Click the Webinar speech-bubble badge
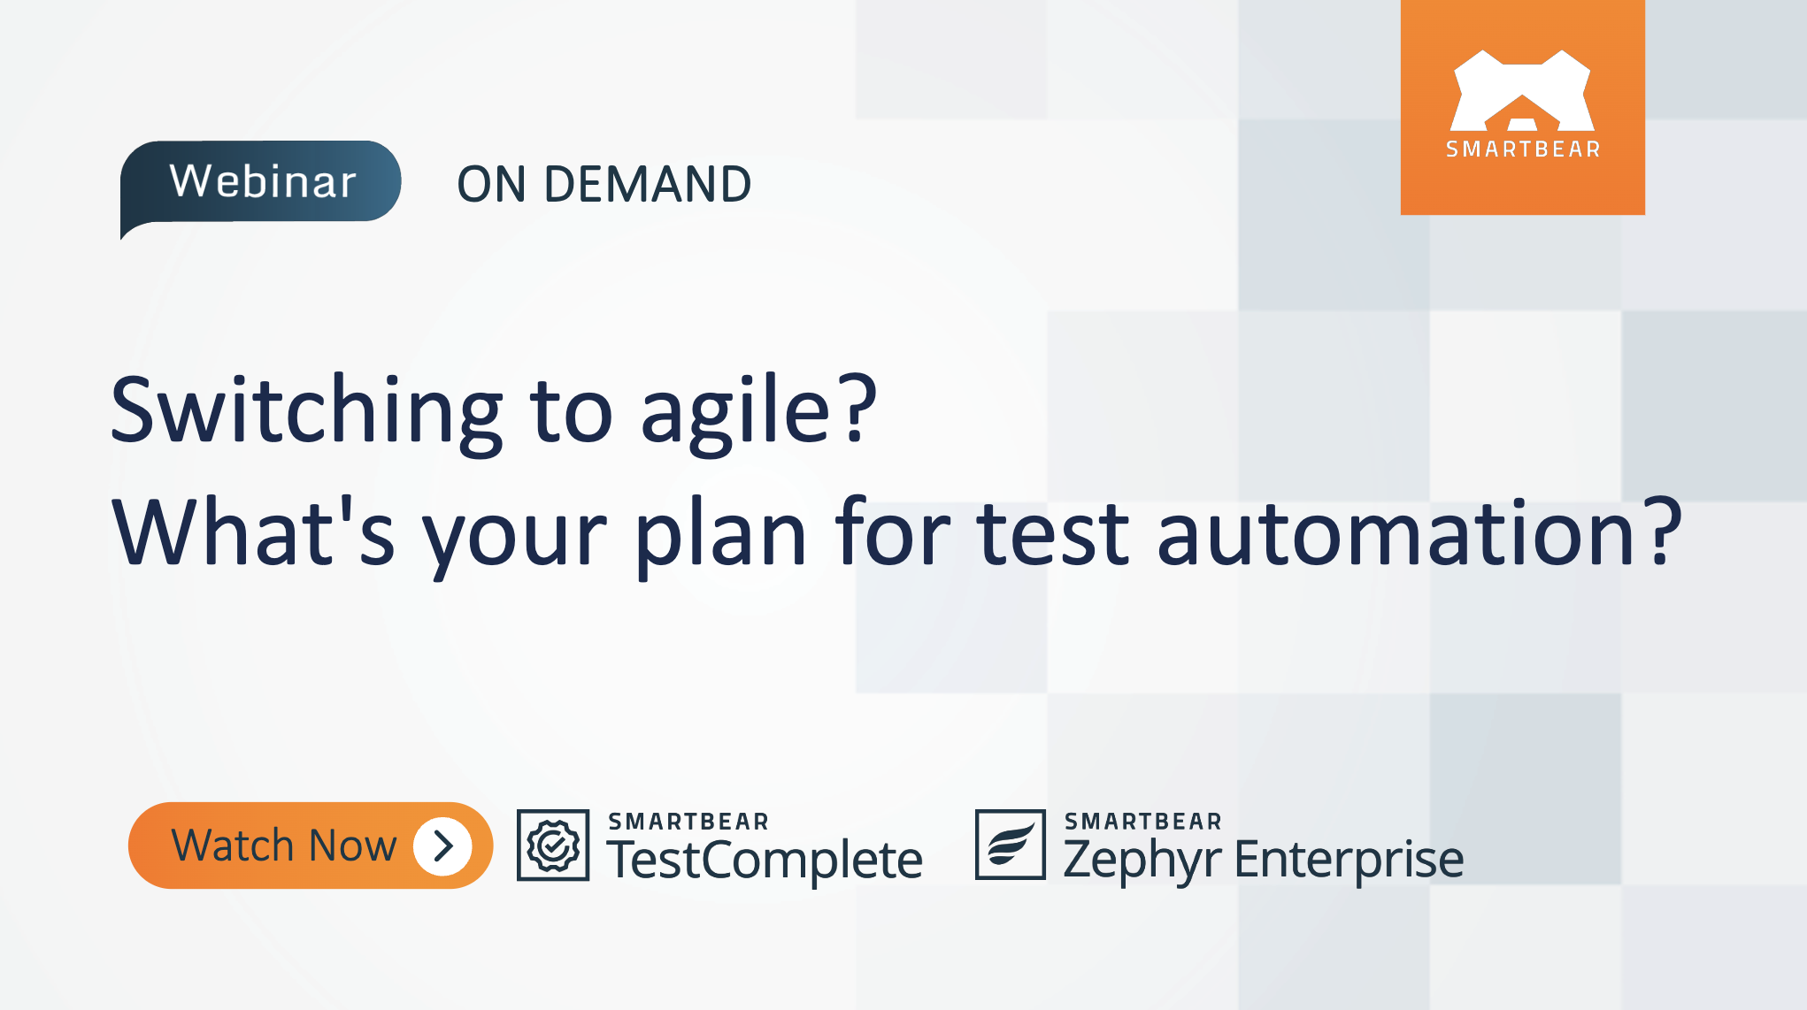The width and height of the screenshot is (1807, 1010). coord(261,182)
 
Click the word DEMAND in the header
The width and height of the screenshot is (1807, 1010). coord(647,185)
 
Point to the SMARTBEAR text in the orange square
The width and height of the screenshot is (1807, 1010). coord(1523,149)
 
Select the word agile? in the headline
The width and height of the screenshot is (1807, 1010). coord(758,412)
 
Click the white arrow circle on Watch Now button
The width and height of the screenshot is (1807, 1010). coord(443,846)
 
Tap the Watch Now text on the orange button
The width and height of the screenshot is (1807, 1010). coord(283,846)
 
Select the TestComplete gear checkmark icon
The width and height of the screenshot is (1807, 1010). coord(553,845)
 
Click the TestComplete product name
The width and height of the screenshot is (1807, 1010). coord(765,861)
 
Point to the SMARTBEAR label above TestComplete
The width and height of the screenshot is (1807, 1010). coord(688,822)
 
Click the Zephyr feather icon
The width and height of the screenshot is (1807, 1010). coord(1010,845)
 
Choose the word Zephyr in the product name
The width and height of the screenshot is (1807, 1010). coord(1142,861)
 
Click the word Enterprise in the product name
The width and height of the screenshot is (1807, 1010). coord(1349,861)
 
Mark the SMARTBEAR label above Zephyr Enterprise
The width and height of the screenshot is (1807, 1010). coord(1142,822)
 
